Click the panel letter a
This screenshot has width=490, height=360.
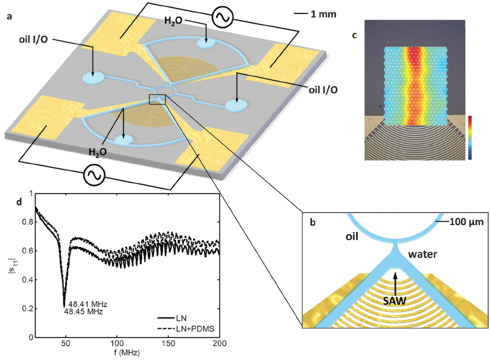click(9, 16)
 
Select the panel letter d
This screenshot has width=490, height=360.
click(20, 202)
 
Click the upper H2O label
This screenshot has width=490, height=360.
click(175, 21)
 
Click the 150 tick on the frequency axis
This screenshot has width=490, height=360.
click(168, 344)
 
